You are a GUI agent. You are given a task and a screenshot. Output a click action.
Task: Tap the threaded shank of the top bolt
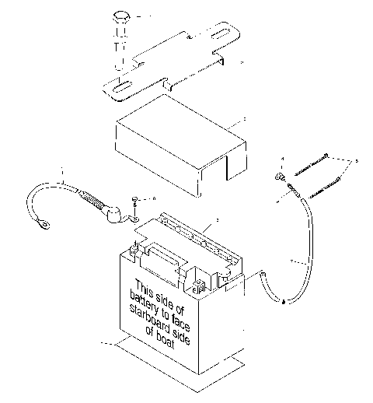pyautogui.click(x=120, y=48)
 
